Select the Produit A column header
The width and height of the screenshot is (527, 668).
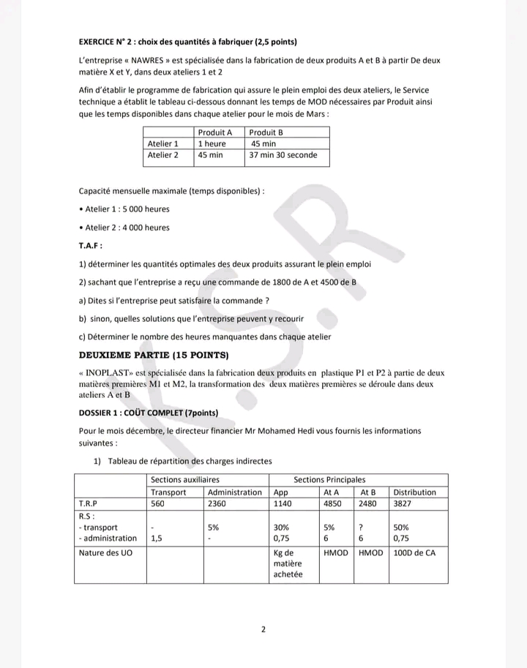(x=215, y=132)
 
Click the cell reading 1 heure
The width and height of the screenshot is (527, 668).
(x=212, y=144)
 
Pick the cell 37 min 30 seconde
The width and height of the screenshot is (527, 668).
(x=282, y=155)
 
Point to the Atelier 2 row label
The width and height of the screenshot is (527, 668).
(x=163, y=155)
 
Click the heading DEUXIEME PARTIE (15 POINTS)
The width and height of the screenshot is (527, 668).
(x=154, y=356)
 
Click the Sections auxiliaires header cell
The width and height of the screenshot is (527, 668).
(x=175, y=479)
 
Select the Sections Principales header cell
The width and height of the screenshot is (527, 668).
(x=329, y=479)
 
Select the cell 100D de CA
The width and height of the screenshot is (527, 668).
(x=414, y=553)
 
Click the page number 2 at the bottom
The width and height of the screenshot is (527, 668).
(x=263, y=628)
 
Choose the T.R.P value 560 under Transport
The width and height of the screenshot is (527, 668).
(x=158, y=503)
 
